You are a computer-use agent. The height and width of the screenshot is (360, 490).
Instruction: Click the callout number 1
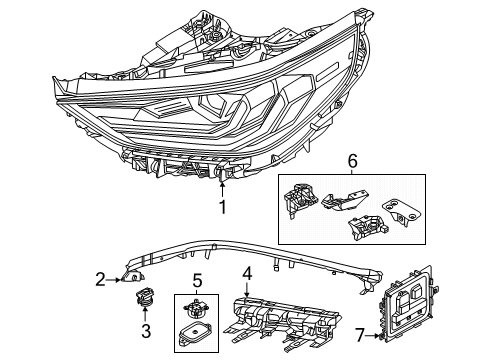pos(223,208)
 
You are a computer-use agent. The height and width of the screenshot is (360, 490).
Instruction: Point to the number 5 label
pos(198,280)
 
